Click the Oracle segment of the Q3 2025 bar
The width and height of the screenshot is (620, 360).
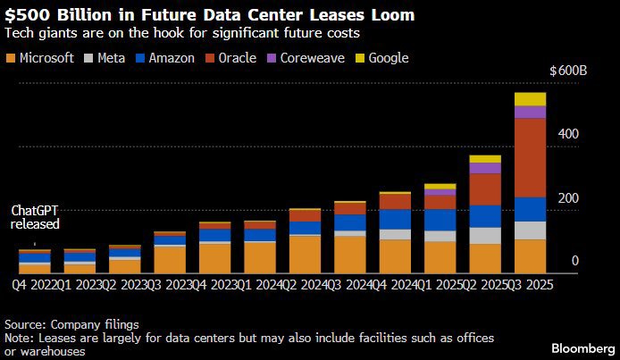pyautogui.click(x=530, y=157)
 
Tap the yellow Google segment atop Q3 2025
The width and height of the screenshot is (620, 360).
pyautogui.click(x=530, y=99)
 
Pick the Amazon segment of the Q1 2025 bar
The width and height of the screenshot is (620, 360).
pyautogui.click(x=439, y=220)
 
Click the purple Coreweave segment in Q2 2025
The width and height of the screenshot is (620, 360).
pyautogui.click(x=484, y=168)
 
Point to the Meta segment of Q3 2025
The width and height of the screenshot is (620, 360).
pyautogui.click(x=530, y=230)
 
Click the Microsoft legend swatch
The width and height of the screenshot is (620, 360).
pyautogui.click(x=11, y=58)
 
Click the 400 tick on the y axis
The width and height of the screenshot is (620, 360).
pyautogui.click(x=569, y=134)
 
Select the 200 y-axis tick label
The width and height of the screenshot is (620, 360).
pyautogui.click(x=569, y=198)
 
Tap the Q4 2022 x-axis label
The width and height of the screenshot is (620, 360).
pyautogui.click(x=29, y=284)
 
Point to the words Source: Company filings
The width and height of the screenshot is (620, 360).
pyautogui.click(x=72, y=323)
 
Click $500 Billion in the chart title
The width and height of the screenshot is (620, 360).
pyautogui.click(x=52, y=15)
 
